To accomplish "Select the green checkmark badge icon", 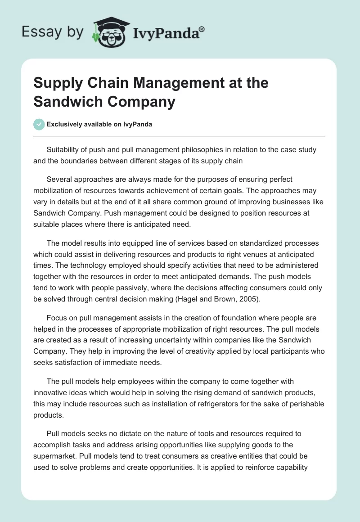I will [x=39, y=124].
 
